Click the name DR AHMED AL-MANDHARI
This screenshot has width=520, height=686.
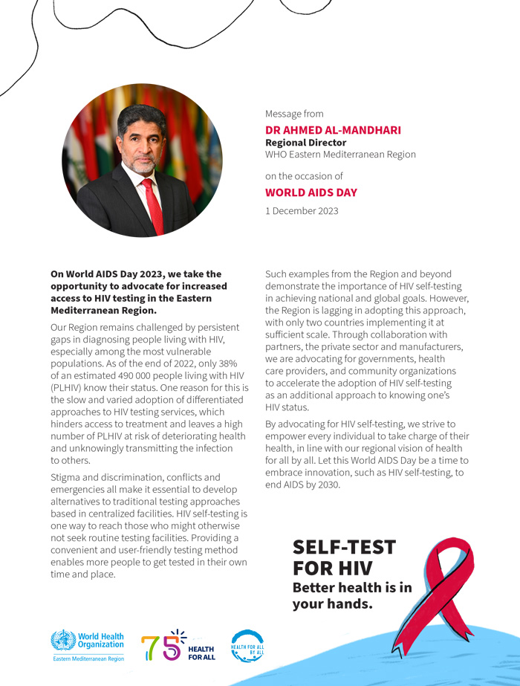pyautogui.click(x=333, y=130)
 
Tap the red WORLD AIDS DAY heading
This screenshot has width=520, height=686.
pyautogui.click(x=311, y=192)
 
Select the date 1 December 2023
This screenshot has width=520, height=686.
pyautogui.click(x=302, y=210)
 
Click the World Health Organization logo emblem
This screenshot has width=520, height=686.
pyautogui.click(x=63, y=641)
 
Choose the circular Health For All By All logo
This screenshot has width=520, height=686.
pyautogui.click(x=247, y=646)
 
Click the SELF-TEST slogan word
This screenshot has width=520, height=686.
pyautogui.click(x=344, y=548)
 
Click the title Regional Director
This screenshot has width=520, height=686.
pyautogui.click(x=305, y=143)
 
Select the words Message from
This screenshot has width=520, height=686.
pyautogui.click(x=294, y=114)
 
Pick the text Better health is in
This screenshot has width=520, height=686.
pyautogui.click(x=351, y=587)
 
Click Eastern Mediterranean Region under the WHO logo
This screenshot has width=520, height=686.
pyautogui.click(x=88, y=659)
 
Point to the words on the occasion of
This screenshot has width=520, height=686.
pyautogui.click(x=304, y=176)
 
